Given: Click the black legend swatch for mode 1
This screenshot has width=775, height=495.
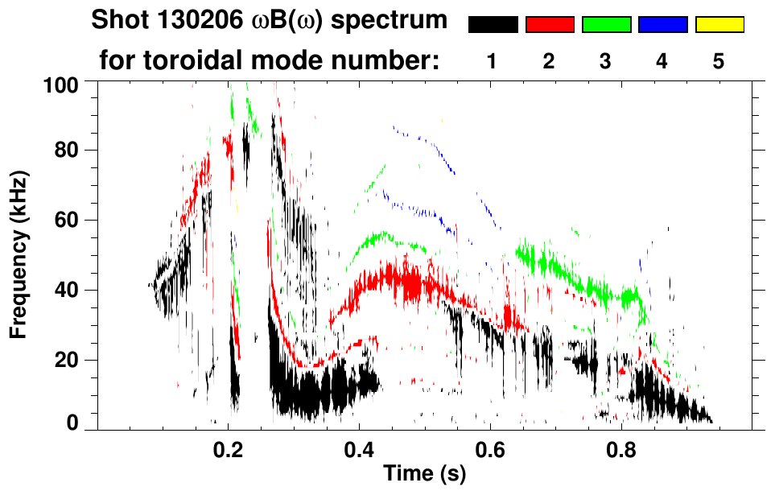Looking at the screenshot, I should pyautogui.click(x=493, y=25).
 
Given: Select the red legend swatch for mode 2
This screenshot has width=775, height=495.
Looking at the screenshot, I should pyautogui.click(x=550, y=25).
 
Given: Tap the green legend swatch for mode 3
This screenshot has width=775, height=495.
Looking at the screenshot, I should pyautogui.click(x=606, y=25).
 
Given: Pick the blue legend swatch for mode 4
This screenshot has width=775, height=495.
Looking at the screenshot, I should pyautogui.click(x=662, y=25).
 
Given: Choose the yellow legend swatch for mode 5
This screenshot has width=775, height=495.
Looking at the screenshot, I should pyautogui.click(x=719, y=25).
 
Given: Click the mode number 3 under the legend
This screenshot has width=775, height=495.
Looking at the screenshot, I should pyautogui.click(x=606, y=61).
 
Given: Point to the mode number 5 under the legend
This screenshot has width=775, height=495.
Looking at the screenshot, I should pyautogui.click(x=719, y=61).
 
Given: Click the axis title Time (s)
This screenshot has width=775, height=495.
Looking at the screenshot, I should pyautogui.click(x=424, y=474).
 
